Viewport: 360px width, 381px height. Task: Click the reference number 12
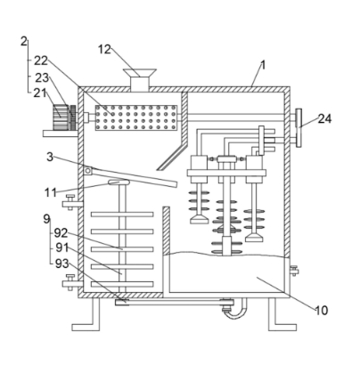104,50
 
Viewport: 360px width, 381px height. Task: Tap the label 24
324,118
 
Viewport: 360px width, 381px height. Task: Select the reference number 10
321,311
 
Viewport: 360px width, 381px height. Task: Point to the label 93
61,263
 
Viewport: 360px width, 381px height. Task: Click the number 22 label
41,61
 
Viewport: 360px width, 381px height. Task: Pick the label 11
50,192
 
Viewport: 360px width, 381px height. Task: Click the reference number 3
50,157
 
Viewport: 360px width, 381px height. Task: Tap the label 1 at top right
262,65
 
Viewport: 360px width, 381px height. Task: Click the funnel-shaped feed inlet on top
140,80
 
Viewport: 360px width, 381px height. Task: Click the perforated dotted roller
136,118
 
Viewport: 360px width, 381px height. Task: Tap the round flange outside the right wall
299,127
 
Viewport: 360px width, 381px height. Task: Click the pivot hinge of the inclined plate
88,171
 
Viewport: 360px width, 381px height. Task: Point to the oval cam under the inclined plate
119,182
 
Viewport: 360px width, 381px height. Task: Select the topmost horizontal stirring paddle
122,215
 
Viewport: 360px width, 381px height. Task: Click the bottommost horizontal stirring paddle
122,284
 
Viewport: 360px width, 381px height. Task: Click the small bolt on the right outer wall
294,271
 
